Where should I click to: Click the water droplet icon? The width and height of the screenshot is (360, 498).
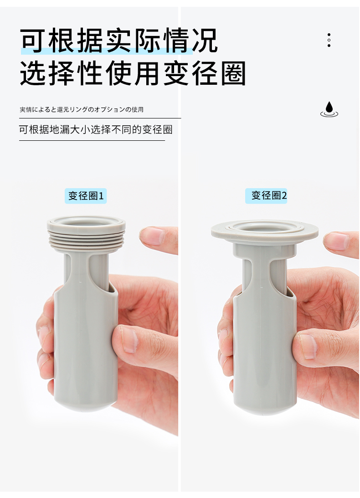(329, 109)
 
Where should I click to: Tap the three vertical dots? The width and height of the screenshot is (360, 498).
(329, 40)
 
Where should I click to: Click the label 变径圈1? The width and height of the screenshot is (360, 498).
(86, 195)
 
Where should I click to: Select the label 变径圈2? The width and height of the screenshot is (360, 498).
(266, 195)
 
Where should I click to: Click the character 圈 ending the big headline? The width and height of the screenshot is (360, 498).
(233, 74)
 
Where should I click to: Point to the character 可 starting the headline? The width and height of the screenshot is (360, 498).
(33, 41)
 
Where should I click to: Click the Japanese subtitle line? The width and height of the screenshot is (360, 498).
(82, 109)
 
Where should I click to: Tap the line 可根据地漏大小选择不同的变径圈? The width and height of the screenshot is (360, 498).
(96, 129)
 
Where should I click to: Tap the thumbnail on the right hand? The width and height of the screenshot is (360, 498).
(307, 346)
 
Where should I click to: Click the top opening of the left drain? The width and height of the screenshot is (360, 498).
(86, 221)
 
